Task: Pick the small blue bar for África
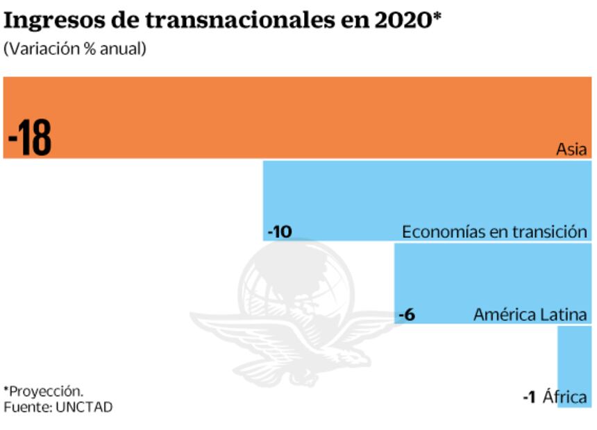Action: [574, 361]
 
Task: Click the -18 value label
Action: [30, 139]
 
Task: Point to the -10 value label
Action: [279, 232]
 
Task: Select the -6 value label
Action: [407, 315]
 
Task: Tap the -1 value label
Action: [529, 397]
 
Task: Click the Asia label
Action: [571, 149]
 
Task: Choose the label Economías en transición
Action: [494, 232]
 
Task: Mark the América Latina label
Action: [530, 315]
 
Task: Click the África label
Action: [564, 397]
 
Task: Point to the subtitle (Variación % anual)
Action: [75, 50]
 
